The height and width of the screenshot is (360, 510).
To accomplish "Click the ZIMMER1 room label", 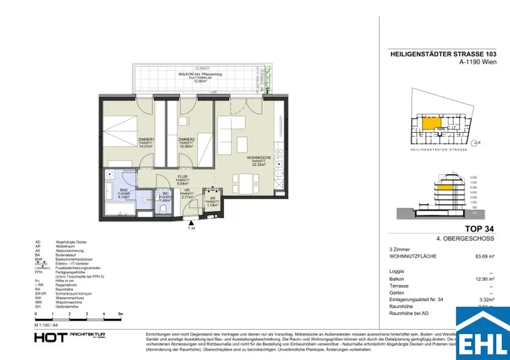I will pyautogui.click(x=147, y=139).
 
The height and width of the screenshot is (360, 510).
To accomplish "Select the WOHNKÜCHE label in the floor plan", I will pyautogui.click(x=258, y=158).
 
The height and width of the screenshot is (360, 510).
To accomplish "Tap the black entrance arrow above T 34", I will pyautogui.click(x=188, y=222).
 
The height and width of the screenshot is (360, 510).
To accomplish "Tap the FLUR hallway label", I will pyautogui.click(x=184, y=176).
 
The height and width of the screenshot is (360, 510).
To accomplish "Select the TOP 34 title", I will pyautogui.click(x=479, y=229).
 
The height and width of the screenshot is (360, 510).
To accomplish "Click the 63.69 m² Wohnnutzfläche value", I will pyautogui.click(x=484, y=256).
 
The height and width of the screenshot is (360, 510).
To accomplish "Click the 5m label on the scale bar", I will pyautogui.click(x=120, y=314).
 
